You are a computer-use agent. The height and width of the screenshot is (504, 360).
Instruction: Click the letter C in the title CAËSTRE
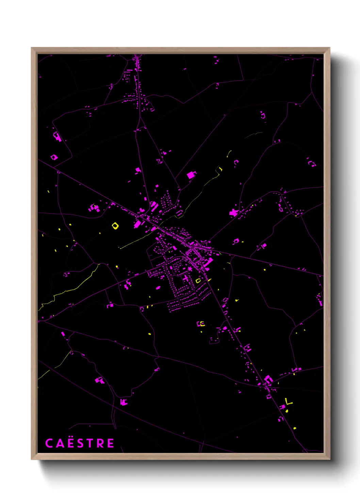[49, 443]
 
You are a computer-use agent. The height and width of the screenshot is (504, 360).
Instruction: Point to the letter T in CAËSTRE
[90, 443]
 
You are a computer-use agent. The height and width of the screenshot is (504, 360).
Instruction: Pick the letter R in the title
[101, 443]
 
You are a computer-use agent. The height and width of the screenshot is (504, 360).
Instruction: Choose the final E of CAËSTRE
[111, 443]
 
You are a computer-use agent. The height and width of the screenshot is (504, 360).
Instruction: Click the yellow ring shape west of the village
[115, 225]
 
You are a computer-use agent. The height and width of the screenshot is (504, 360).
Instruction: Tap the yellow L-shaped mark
[289, 402]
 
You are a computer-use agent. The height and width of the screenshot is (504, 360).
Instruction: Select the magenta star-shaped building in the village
[190, 269]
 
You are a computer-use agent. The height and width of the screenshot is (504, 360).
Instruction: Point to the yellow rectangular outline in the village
[198, 281]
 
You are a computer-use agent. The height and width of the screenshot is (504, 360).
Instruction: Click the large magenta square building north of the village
[191, 175]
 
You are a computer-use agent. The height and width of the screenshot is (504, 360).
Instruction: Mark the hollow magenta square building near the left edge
[54, 157]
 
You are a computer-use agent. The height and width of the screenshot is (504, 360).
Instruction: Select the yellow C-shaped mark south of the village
[202, 324]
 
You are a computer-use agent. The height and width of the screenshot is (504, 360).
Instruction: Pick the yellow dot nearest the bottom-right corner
[295, 428]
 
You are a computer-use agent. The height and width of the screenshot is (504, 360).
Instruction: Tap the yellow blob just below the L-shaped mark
[287, 411]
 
